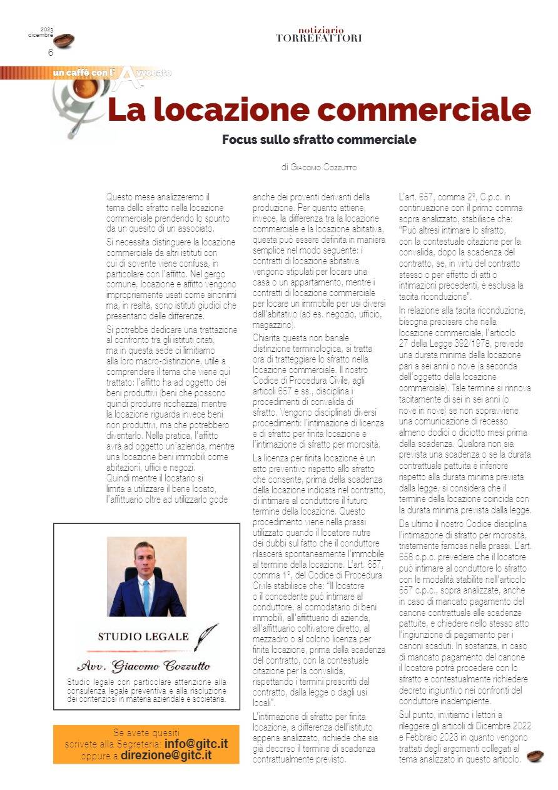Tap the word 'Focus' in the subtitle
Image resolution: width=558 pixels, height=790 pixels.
[239, 140]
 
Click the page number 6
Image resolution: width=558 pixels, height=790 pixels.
[51, 53]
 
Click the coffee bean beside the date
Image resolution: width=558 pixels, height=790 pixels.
[64, 41]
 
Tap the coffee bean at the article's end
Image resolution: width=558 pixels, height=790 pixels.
[535, 756]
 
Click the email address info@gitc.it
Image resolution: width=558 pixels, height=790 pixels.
[196, 744]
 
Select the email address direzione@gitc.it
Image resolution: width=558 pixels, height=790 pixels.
[166, 755]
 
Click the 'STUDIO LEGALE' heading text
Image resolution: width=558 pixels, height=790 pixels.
[143, 637]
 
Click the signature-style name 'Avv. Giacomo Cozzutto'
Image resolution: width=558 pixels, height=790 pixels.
[143, 665]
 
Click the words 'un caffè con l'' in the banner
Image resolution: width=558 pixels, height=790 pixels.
[84, 74]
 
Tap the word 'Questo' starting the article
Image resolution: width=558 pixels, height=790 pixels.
[119, 197]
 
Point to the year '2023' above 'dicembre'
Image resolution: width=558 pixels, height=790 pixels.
[47, 29]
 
